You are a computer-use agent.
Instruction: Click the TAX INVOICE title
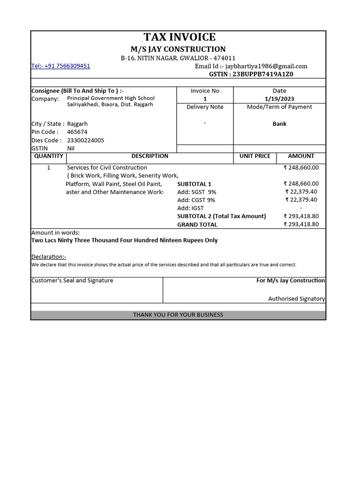coord(180,37)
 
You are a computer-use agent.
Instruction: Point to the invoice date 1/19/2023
coord(279,99)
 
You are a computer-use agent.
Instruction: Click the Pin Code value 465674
coord(77,132)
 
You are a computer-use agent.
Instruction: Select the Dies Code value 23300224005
coord(86,140)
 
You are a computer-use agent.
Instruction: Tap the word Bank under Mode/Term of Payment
coord(279,124)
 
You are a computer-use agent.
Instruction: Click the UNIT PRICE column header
coord(255,156)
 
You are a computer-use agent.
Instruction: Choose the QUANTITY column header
coord(49,156)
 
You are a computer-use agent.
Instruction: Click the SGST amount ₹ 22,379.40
coord(301,192)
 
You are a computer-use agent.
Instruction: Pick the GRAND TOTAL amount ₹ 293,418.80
coord(301,225)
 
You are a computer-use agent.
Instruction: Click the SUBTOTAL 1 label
coord(194,184)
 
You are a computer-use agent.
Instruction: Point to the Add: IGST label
coord(190,208)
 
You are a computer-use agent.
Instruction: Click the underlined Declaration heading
coord(49,257)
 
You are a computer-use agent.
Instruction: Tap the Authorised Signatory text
coord(296,299)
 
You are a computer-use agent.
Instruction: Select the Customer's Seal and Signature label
coord(72,280)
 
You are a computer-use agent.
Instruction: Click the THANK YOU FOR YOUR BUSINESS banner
coord(178,315)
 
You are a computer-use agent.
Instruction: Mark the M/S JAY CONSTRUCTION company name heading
coord(178,49)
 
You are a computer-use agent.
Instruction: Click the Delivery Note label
coord(205,107)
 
